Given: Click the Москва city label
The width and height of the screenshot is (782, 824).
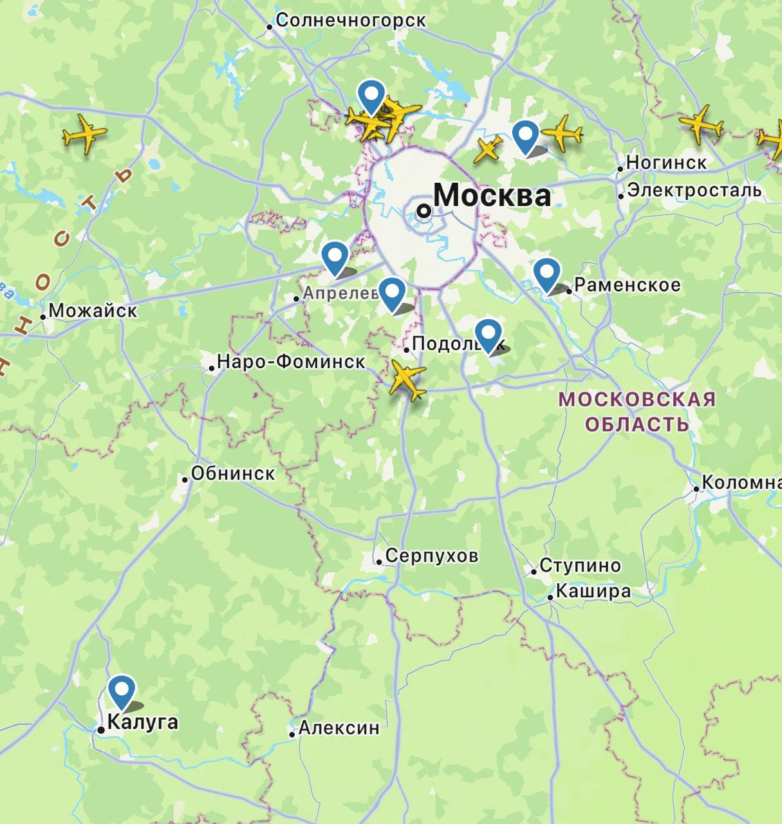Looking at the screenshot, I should click(492, 195).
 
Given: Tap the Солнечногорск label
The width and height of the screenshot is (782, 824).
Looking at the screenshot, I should click(350, 21).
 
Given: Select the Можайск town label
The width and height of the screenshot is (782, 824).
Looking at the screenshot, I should click(93, 310).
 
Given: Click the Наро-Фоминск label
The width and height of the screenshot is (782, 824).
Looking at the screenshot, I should click(291, 361).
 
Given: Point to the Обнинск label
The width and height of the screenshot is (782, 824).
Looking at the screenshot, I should click(233, 473).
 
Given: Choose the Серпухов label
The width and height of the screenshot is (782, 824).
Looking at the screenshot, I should click(431, 556).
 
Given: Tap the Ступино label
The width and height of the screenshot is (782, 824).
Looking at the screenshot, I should click(580, 566).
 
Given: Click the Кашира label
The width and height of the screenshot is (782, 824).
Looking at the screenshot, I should click(593, 591).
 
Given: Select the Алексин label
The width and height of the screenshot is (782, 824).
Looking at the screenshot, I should click(339, 728).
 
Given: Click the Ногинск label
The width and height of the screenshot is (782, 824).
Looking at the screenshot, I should click(666, 162).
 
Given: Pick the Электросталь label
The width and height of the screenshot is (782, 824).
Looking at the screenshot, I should click(694, 191).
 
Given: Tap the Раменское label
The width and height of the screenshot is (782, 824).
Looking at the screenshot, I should click(627, 285).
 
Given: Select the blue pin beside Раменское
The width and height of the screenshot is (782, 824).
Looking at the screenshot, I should click(546, 273).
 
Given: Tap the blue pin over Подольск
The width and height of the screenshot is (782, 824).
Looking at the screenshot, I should click(488, 334).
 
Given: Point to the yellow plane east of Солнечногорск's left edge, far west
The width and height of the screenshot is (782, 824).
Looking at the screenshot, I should click(85, 134).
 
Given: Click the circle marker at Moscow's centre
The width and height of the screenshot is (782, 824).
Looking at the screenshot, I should click(424, 211).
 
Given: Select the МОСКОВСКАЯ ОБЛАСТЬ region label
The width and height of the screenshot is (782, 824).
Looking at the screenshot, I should click(637, 411).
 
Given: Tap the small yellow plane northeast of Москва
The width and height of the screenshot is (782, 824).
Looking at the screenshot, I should click(488, 149).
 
